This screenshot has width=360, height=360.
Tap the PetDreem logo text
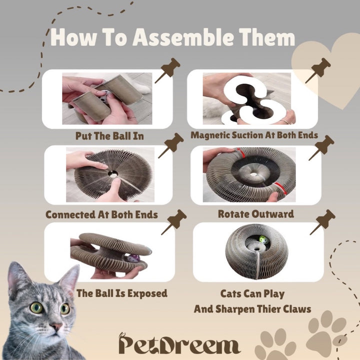(x=179, y=343)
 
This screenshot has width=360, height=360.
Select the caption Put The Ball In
(x=109, y=136)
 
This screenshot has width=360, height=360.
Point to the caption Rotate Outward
(x=256, y=214)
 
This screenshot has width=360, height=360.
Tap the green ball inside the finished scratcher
(x=264, y=240)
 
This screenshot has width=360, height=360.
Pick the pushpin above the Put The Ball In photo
(x=168, y=70)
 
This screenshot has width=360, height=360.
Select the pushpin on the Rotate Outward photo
(x=321, y=147)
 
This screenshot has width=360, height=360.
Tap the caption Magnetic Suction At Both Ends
(x=254, y=135)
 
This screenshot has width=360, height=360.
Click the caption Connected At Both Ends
(x=101, y=214)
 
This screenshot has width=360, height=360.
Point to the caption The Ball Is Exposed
(x=122, y=293)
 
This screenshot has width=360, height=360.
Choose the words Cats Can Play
(x=252, y=294)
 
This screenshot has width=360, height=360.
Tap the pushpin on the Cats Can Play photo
(x=322, y=222)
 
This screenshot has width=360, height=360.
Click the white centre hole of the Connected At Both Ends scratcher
(x=113, y=175)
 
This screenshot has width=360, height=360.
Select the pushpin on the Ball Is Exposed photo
(x=174, y=222)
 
